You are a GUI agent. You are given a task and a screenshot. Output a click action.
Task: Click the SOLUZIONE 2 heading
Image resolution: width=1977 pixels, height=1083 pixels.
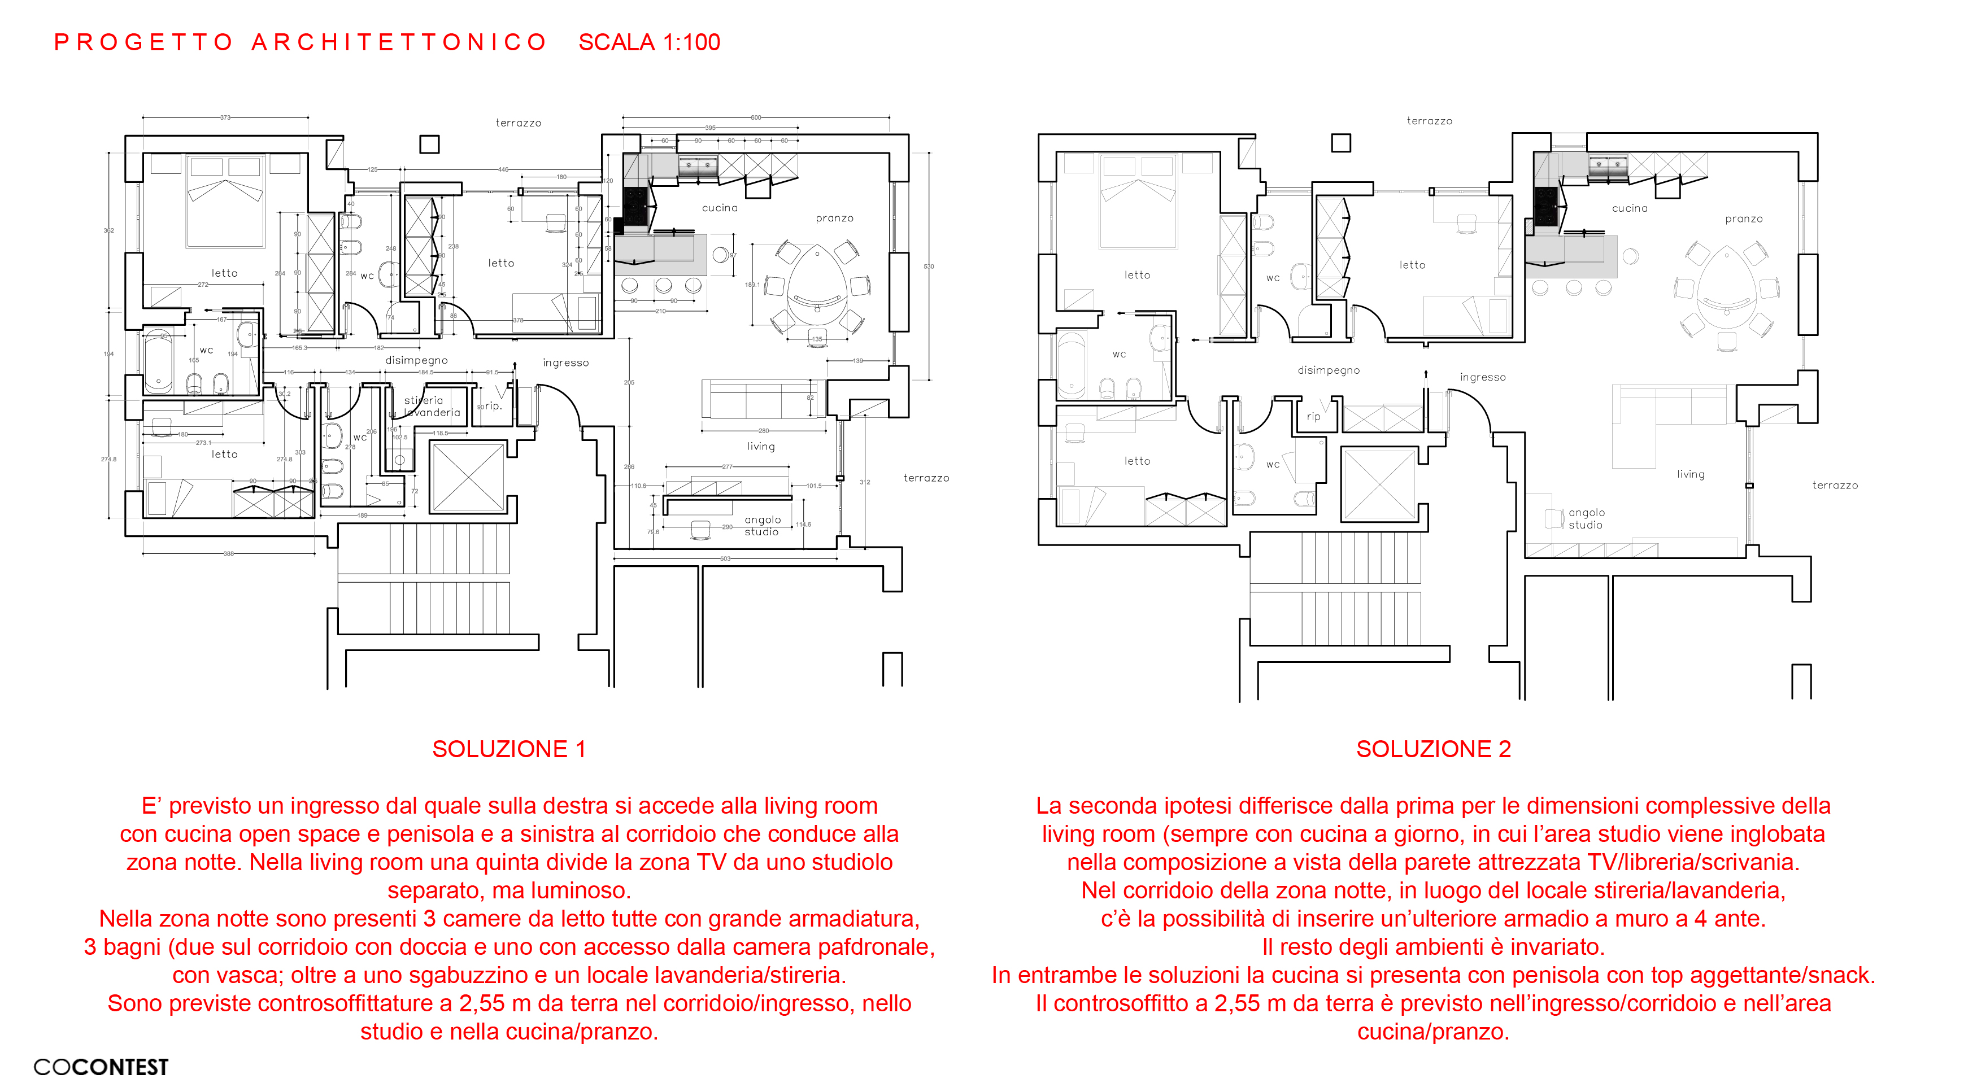point(1433,749)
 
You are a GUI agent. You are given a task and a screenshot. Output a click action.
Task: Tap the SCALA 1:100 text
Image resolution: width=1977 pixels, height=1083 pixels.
point(649,42)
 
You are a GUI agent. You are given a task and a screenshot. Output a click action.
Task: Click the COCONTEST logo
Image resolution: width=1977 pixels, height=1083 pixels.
point(101,1067)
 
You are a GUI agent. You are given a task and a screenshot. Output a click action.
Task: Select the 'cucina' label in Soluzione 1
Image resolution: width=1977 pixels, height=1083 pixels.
point(719,208)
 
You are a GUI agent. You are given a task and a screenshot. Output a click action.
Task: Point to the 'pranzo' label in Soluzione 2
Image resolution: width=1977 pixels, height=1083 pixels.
point(1744,219)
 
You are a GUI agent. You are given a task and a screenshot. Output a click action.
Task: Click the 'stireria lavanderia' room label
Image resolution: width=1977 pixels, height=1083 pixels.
point(432,407)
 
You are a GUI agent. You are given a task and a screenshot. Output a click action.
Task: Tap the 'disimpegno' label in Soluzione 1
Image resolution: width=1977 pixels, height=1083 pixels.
point(416,360)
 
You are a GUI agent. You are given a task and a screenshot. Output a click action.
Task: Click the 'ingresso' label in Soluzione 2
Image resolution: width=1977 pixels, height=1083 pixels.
point(1483,377)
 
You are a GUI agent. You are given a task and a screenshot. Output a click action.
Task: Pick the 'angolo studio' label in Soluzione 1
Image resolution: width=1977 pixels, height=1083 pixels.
point(762,525)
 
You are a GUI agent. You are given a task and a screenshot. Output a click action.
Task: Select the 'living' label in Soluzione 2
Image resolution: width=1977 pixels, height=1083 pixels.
point(1690,474)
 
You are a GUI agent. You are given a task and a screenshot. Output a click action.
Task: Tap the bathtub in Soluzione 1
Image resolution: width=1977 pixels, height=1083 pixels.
point(159,360)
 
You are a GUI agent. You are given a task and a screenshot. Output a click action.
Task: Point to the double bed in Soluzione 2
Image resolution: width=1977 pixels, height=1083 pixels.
point(1138,201)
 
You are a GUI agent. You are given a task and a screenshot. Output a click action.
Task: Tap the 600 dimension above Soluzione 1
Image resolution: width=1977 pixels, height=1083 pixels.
point(756,117)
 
